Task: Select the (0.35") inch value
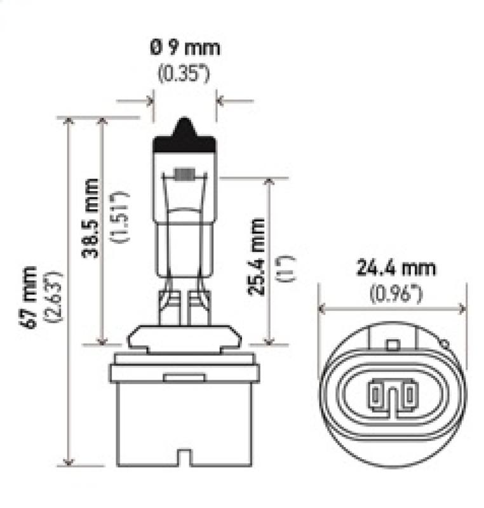pos(184,72)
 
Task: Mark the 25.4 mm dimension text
pos(257,257)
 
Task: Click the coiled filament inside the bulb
pos(184,173)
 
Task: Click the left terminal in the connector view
pos(378,394)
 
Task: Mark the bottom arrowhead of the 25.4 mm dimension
pos(270,339)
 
